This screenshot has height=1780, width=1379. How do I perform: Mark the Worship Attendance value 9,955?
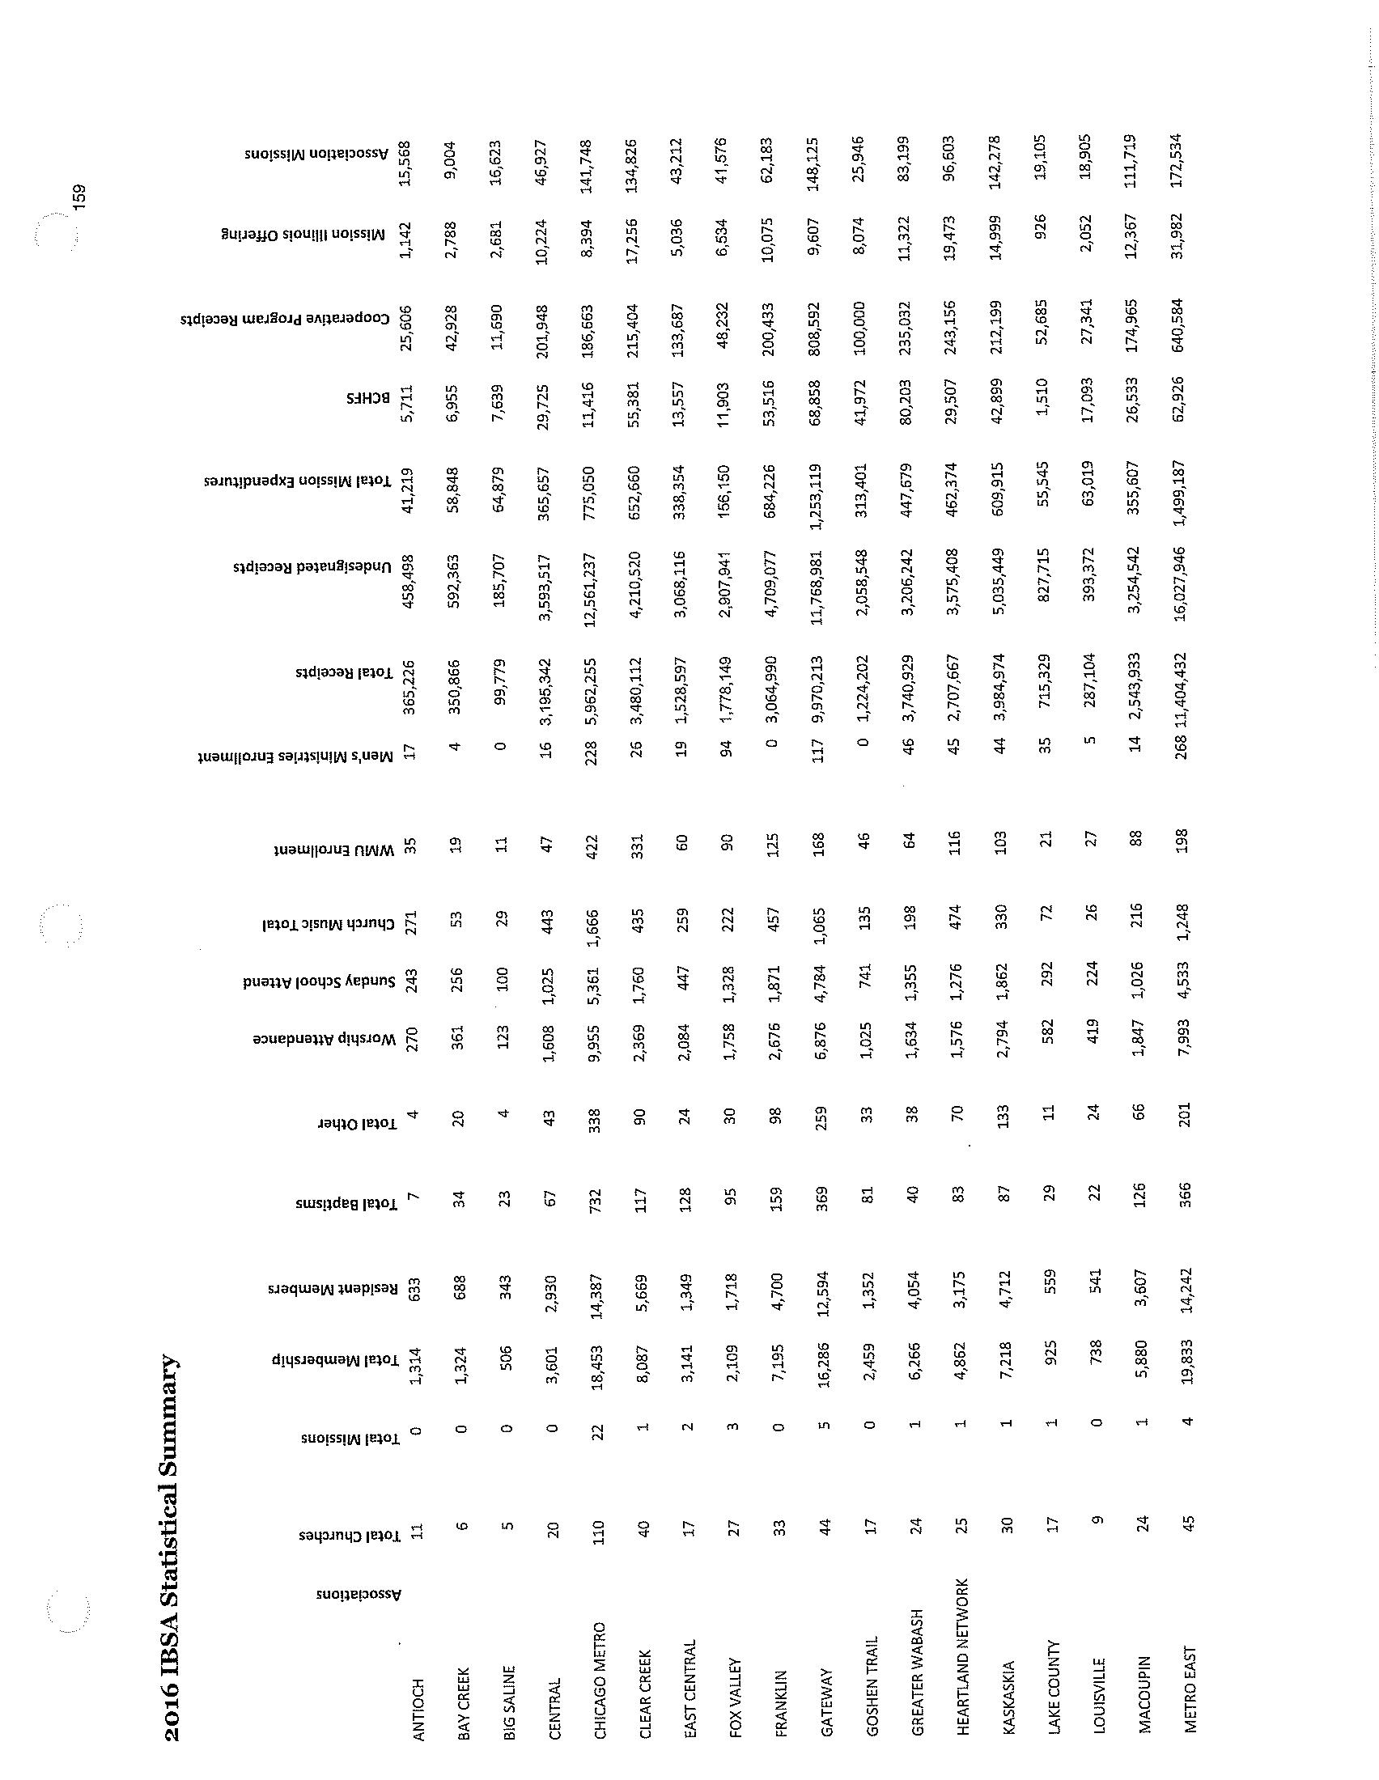599,1043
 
